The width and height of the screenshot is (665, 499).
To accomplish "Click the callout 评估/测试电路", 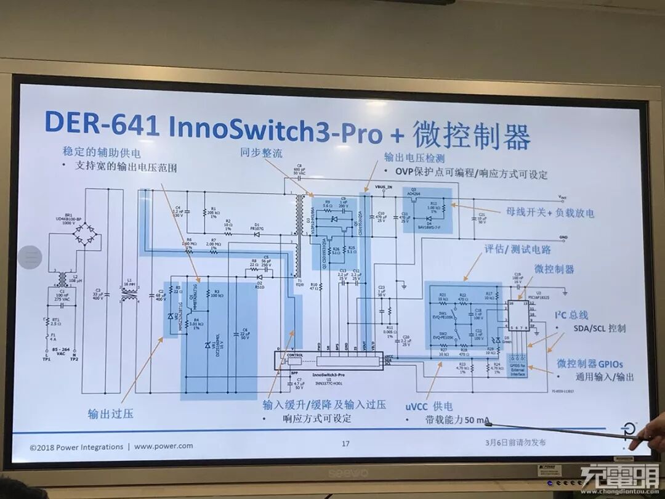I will (517, 249).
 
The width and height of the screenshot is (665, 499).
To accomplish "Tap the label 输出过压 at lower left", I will (111, 413).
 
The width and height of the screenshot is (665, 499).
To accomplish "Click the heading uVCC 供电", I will (429, 406).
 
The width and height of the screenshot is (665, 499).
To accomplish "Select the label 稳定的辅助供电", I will (102, 152).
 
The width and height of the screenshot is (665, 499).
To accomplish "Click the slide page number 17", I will (345, 443).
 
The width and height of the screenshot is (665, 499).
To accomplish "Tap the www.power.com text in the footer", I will (163, 446).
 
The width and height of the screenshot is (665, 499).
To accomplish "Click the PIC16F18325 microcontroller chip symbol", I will (519, 315).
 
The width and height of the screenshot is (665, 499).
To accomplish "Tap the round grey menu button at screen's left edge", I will (29, 257).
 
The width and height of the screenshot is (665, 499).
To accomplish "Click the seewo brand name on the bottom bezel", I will (347, 472).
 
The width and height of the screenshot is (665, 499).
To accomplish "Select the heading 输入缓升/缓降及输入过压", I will (324, 405).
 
